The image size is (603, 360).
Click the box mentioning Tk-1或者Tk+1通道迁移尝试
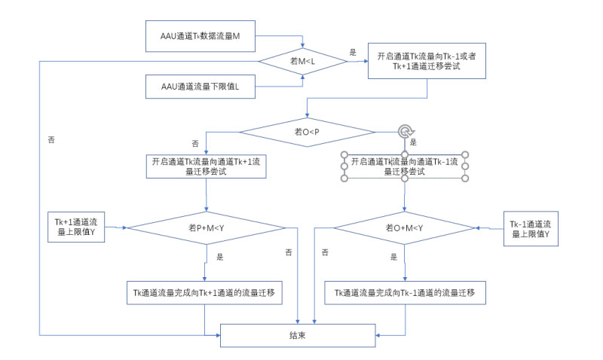click(427, 61)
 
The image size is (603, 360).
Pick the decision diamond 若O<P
click(307, 132)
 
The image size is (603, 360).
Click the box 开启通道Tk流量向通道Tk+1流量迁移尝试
click(207, 166)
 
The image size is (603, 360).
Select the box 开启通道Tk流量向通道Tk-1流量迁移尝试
click(406, 166)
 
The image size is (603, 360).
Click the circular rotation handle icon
click(406, 132)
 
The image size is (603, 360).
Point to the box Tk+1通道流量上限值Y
click(77, 227)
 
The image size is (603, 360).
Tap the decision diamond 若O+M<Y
click(405, 227)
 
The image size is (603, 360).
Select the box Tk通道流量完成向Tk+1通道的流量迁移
click(206, 293)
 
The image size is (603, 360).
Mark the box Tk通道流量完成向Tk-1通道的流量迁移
click(405, 293)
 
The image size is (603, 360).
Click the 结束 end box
click(296, 335)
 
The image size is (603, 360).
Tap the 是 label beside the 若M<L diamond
click(353, 53)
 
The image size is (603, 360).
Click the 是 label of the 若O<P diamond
click(413, 142)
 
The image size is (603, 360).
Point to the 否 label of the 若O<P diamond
click(195, 142)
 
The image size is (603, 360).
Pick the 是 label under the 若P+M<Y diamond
click(220, 257)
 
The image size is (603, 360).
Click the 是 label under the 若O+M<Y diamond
click(393, 257)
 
